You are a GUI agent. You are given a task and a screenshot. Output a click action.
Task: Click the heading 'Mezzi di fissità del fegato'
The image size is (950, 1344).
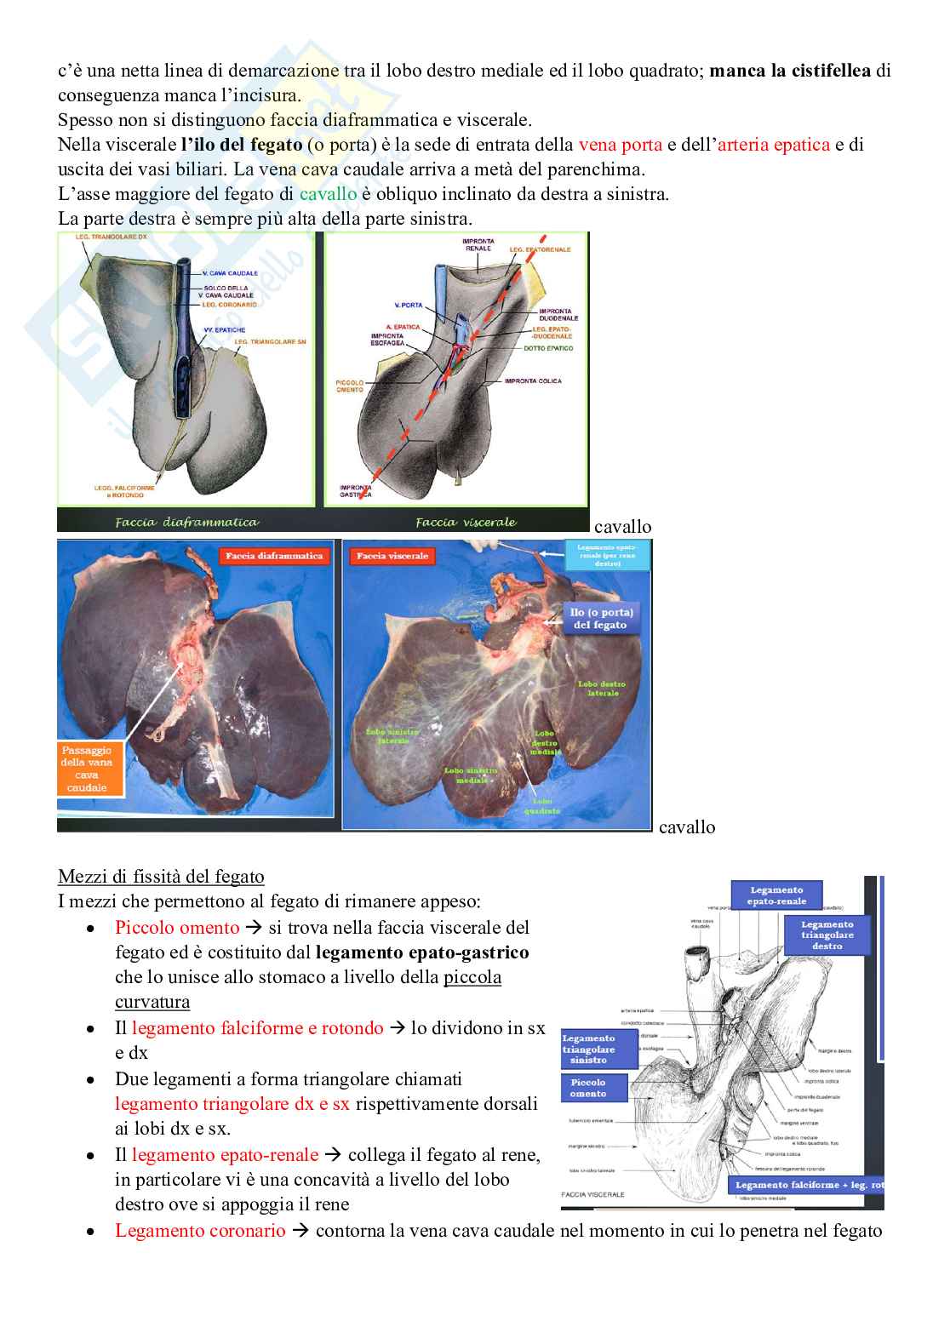pyautogui.click(x=161, y=877)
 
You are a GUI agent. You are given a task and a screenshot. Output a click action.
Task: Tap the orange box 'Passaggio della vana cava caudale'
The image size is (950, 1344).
pyautogui.click(x=88, y=769)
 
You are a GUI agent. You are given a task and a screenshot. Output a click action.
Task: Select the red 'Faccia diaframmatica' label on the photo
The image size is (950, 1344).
pyautogui.click(x=274, y=556)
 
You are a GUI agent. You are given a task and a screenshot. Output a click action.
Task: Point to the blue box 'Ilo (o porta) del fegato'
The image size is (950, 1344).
pyautogui.click(x=600, y=619)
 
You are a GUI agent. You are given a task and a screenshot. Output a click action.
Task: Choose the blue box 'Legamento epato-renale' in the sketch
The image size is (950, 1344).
pyautogui.click(x=776, y=895)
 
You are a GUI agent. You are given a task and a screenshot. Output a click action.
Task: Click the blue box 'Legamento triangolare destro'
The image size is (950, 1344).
pyautogui.click(x=827, y=935)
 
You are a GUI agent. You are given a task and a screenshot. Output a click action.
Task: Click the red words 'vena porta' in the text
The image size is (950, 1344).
pyautogui.click(x=620, y=145)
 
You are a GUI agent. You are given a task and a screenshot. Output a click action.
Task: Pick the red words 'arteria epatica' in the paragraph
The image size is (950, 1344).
pyautogui.click(x=773, y=145)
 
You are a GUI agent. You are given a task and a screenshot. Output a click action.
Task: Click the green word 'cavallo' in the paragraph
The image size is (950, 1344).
pyautogui.click(x=328, y=194)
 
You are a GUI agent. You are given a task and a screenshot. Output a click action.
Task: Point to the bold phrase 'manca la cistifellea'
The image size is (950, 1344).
pyautogui.click(x=789, y=71)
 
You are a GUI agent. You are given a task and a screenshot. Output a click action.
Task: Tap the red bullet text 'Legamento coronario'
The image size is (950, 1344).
pyautogui.click(x=200, y=1231)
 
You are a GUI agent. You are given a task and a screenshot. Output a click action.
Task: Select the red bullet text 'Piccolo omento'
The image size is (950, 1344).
pyautogui.click(x=177, y=928)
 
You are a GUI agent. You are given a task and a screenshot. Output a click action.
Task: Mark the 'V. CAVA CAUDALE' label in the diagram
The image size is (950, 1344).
pyautogui.click(x=230, y=273)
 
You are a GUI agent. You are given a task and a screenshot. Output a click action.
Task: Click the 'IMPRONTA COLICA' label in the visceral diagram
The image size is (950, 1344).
pyautogui.click(x=533, y=381)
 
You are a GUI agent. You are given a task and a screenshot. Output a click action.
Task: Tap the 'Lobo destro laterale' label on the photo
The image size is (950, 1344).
pyautogui.click(x=602, y=689)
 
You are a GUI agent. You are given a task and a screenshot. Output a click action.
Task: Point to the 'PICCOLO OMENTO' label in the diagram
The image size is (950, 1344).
pyautogui.click(x=349, y=386)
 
